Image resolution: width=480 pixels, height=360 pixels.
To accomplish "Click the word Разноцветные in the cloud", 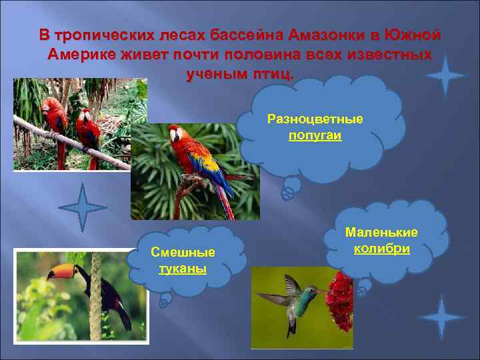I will coord(315,119).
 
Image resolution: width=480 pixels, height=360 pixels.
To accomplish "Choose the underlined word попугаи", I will coord(315,135).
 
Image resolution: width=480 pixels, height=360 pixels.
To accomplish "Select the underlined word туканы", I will coord(183,268).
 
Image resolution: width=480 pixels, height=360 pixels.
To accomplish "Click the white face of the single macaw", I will coord(175,135).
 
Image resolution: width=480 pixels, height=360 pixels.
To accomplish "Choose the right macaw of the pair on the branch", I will coord(87,130).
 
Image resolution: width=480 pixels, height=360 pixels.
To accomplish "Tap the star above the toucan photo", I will coord(83,207).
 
